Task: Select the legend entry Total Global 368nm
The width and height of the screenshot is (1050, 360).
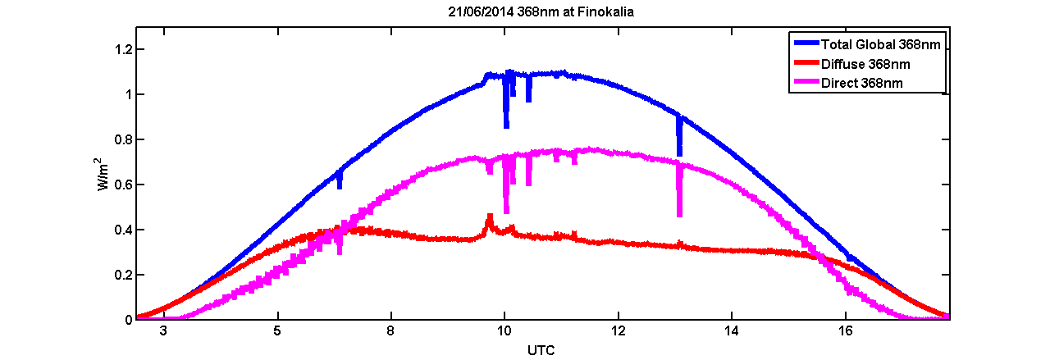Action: coord(879,43)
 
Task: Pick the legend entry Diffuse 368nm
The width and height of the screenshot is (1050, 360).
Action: coord(865,63)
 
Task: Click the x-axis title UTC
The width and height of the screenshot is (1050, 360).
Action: coord(542,350)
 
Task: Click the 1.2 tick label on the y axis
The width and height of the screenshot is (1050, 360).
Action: coord(121,50)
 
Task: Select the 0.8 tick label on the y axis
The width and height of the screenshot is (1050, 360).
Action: coord(121,139)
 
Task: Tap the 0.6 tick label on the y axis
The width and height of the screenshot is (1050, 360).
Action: coord(121,185)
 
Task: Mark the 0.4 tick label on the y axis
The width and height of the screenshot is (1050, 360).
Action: coord(121,230)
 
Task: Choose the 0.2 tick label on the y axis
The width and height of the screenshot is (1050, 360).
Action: coord(121,275)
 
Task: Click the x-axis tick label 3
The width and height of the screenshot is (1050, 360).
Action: coord(164,330)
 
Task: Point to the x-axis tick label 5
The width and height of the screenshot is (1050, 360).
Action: coord(278,330)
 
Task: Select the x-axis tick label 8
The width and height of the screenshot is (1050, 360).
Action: coord(391,330)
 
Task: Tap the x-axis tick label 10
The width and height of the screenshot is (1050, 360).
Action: coord(504,330)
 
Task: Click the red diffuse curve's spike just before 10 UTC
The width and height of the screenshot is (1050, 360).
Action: coord(490,218)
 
